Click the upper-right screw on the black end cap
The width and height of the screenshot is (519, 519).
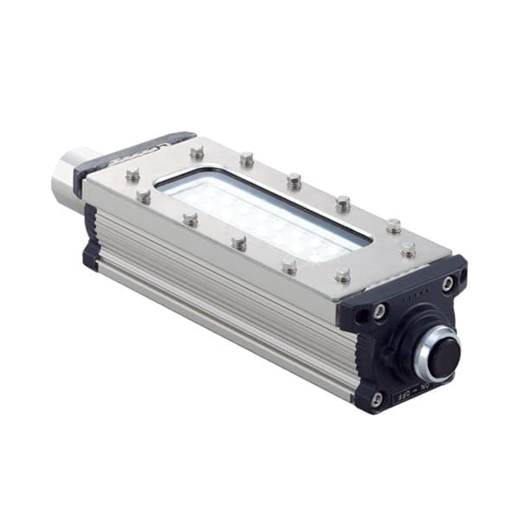point(447,283)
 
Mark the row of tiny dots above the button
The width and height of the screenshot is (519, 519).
point(417,296)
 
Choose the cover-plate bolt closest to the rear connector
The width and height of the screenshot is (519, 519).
point(132,176)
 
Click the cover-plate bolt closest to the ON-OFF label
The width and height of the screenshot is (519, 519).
point(343,275)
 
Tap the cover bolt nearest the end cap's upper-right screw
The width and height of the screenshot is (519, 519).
point(407,249)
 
